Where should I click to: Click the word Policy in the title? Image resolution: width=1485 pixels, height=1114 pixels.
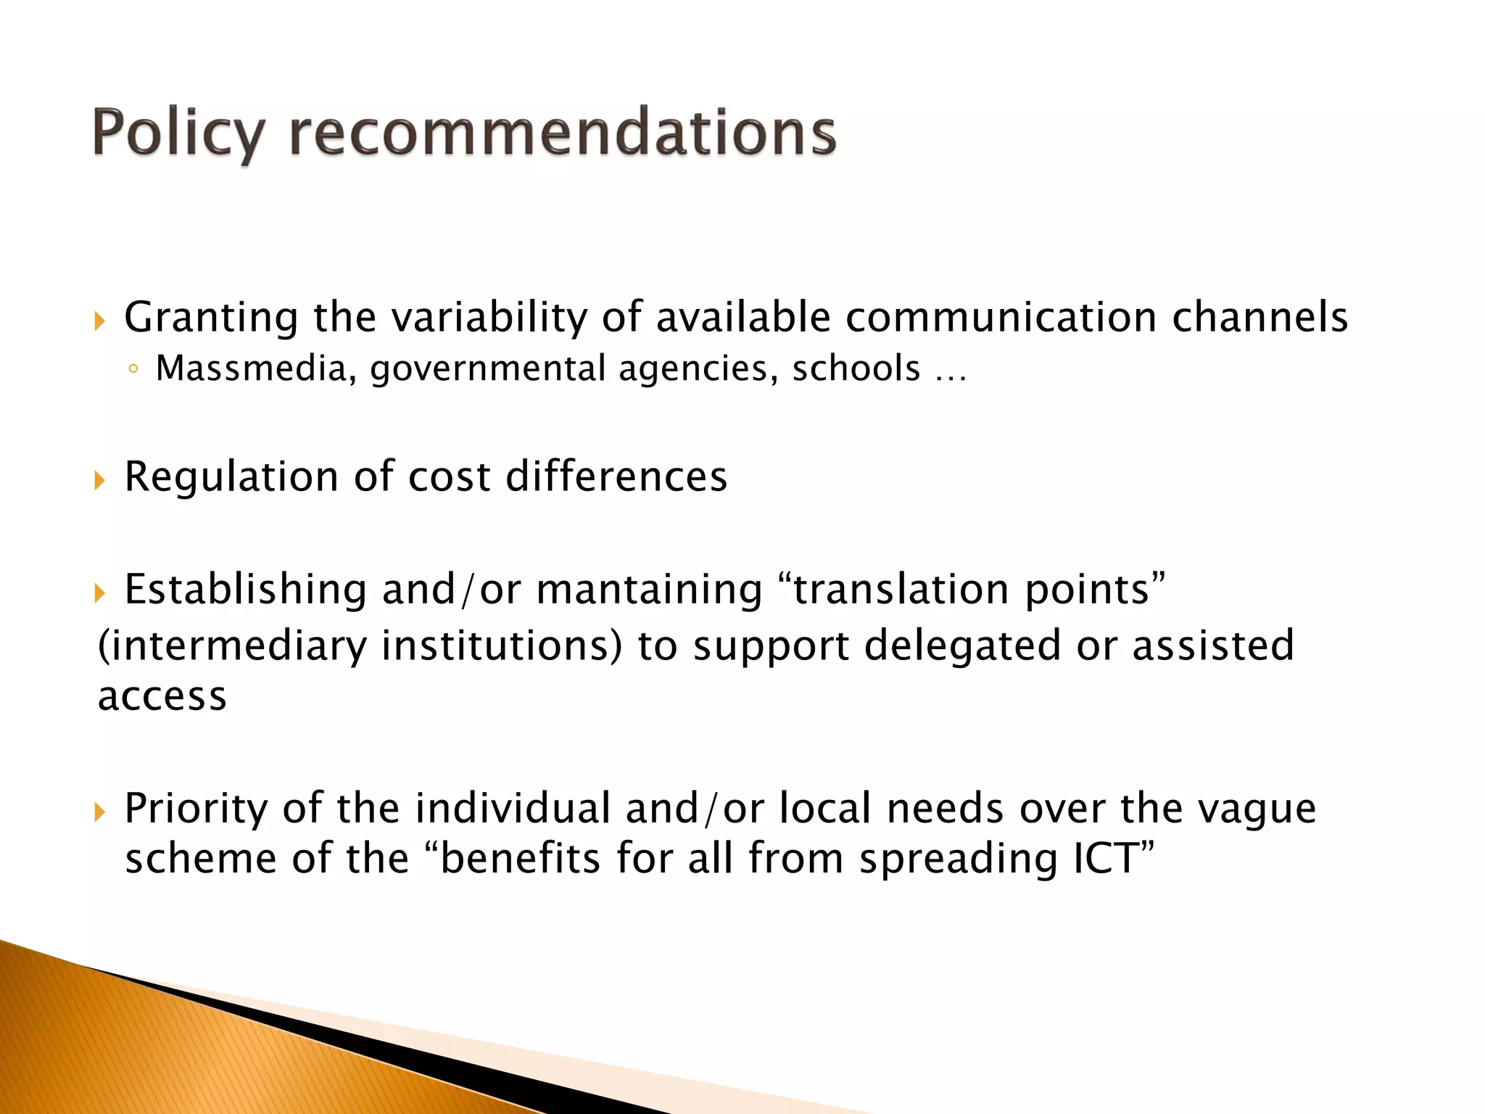click(178, 133)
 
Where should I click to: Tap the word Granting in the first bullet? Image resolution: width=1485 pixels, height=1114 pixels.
click(211, 318)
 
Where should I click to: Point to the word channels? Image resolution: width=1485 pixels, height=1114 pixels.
click(1259, 317)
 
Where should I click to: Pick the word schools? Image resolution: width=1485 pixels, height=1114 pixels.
click(856, 368)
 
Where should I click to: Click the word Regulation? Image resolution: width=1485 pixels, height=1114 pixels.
click(231, 478)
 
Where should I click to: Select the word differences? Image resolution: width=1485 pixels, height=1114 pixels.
click(616, 476)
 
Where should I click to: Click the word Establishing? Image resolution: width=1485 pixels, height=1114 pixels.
click(245, 589)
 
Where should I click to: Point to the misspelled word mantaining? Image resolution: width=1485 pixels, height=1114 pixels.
click(649, 589)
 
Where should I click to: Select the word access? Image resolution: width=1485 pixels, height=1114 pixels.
click(162, 697)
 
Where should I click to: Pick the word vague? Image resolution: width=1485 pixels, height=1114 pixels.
click(1256, 809)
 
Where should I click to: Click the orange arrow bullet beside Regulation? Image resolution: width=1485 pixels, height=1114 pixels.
click(99, 479)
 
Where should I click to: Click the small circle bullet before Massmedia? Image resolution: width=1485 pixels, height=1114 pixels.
click(132, 370)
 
